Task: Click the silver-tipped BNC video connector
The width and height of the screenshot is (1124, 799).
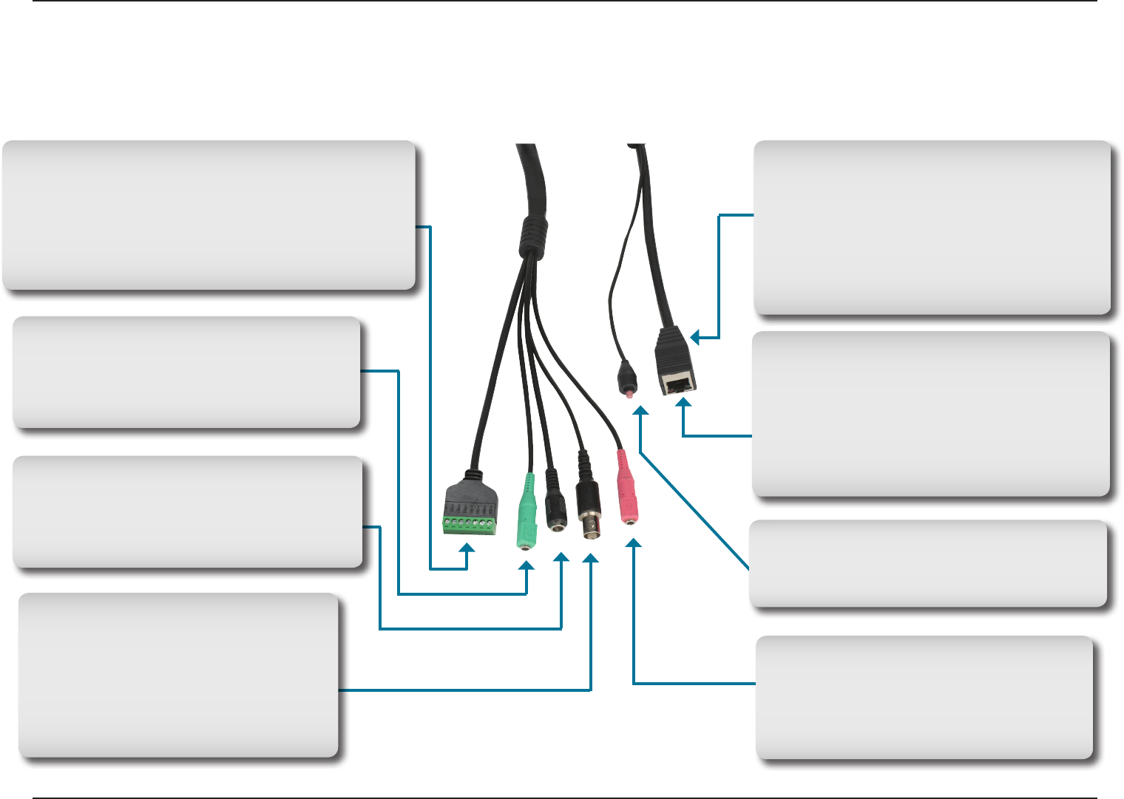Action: coord(589,522)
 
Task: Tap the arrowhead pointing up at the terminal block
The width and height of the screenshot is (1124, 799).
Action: coord(467,548)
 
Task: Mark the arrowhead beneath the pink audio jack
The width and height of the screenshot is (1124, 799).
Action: coord(634,544)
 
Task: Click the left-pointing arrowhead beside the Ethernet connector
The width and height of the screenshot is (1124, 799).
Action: coord(694,338)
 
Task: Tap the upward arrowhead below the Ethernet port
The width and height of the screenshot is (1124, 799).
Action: coord(684,403)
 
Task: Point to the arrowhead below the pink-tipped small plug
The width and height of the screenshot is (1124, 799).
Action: coord(641,410)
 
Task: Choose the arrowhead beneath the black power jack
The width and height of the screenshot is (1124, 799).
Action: coord(561,557)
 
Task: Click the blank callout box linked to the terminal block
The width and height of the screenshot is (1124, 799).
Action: coord(209,214)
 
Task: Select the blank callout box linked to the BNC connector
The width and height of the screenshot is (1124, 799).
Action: coord(178,675)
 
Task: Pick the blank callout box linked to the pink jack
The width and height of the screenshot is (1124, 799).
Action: coord(924,697)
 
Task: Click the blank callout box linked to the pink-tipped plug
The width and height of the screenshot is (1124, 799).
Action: coord(927,564)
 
